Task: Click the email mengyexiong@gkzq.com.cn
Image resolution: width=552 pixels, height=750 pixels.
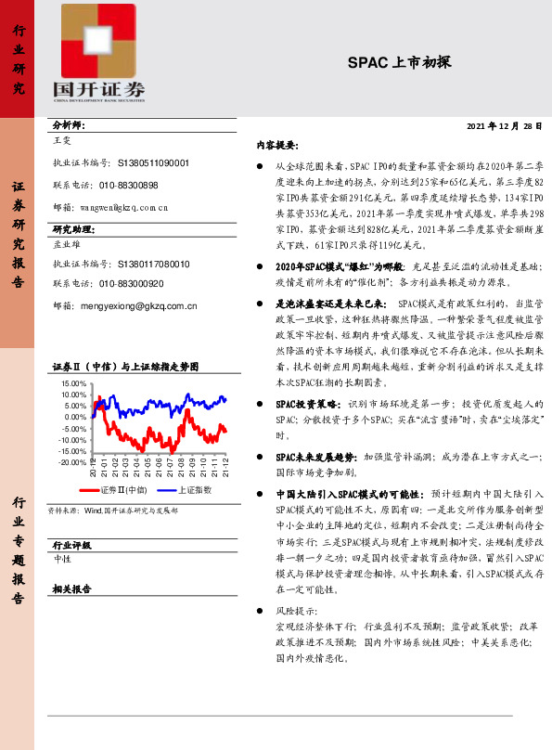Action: tap(139, 304)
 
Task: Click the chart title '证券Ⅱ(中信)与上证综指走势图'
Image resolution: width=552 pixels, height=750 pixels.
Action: tap(124, 367)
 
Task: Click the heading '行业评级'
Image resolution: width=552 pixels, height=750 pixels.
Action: tap(71, 545)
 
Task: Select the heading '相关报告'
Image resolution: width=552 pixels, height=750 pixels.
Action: tap(71, 588)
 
